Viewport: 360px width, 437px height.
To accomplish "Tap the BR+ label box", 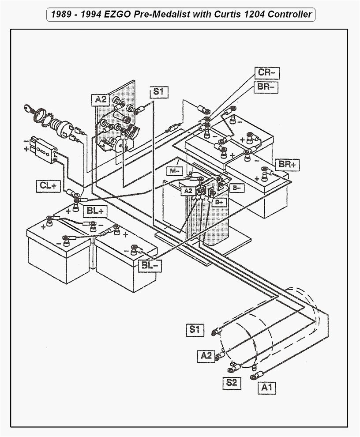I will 287,164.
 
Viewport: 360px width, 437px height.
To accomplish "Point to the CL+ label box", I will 48,186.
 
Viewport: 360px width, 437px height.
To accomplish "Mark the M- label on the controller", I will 175,170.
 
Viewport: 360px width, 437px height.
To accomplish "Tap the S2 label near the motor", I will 232,382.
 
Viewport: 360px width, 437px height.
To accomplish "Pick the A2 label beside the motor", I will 206,354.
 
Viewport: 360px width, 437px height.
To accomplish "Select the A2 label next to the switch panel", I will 101,100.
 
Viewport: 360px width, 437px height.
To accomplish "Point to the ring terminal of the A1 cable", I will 255,377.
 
